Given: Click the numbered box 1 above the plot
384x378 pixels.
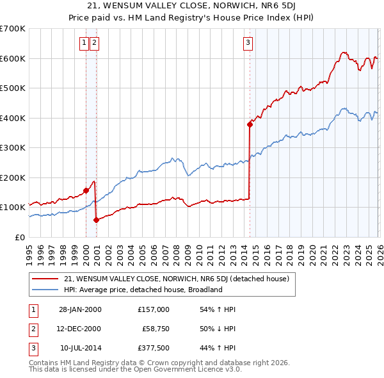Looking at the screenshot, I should click(x=84, y=43).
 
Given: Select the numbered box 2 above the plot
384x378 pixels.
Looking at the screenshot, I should click(x=94, y=43).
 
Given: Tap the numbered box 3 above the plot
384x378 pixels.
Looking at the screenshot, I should click(x=248, y=43).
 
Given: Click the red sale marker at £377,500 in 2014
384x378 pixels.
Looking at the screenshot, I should click(x=250, y=124).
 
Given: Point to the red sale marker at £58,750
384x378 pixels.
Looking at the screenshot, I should click(x=96, y=220).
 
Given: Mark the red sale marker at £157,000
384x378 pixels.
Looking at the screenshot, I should click(x=86, y=190).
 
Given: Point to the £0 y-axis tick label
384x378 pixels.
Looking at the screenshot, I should click(x=19, y=237).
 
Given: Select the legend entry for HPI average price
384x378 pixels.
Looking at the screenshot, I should click(x=143, y=290).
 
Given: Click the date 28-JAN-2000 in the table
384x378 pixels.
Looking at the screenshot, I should click(x=80, y=309).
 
